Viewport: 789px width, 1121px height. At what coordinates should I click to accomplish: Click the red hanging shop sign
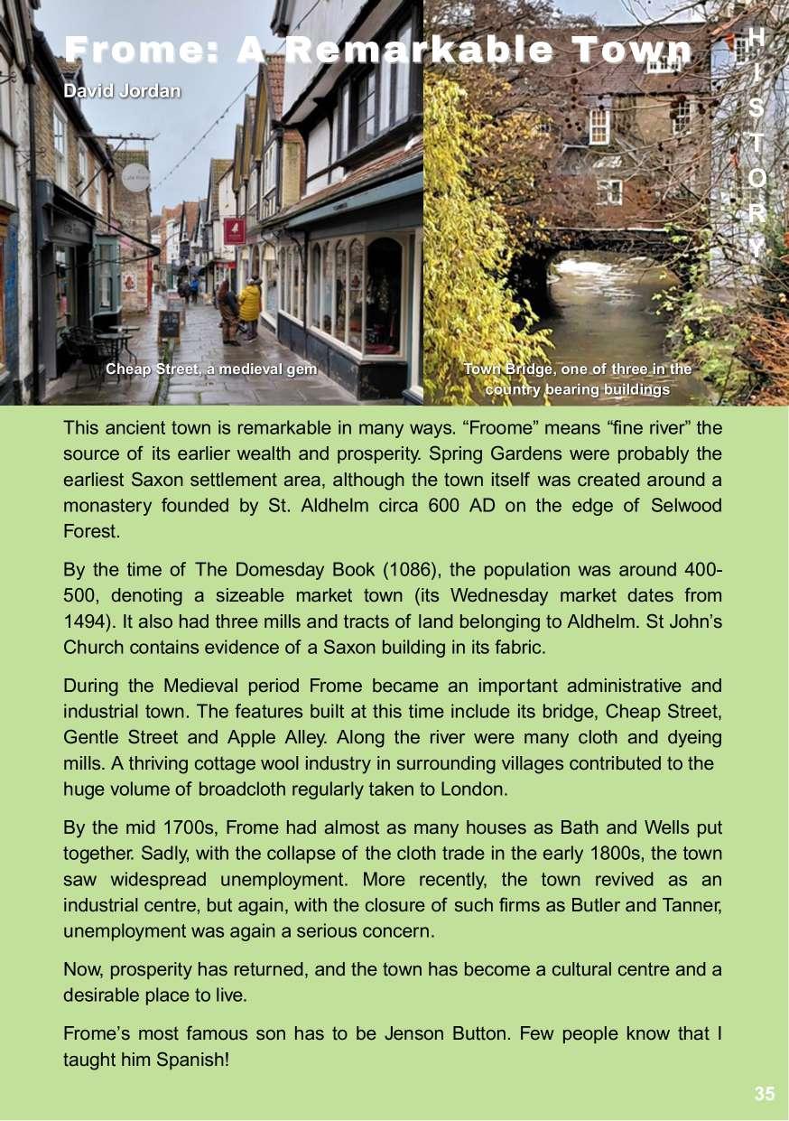point(235,231)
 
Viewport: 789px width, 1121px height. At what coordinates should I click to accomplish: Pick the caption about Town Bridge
point(577,379)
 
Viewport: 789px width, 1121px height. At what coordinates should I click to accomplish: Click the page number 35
point(764,1094)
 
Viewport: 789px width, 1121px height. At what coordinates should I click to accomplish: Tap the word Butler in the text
point(595,904)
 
